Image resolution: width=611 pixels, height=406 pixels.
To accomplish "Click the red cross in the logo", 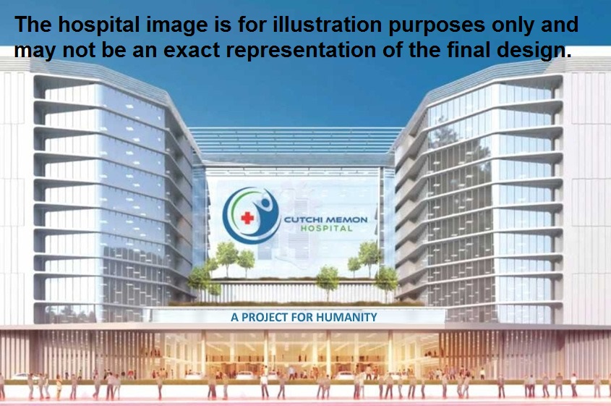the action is click(247, 218).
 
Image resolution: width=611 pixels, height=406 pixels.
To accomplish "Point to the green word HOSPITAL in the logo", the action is click(327, 229).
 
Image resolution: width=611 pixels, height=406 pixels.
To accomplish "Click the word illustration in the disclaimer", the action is click(328, 25).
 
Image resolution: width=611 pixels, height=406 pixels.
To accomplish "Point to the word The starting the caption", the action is click(33, 25).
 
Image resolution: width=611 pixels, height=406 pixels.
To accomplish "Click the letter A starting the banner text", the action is click(234, 318).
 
